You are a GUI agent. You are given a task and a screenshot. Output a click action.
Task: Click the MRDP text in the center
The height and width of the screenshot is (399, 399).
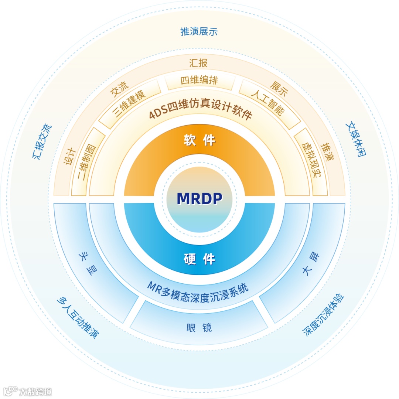(x=199, y=198)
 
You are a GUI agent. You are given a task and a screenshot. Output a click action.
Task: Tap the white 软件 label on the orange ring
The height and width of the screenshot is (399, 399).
(x=199, y=140)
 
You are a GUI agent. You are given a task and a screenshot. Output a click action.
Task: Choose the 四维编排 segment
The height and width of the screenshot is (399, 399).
(x=199, y=81)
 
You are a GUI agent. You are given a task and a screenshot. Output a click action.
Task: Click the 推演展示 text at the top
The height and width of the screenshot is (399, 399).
(x=199, y=32)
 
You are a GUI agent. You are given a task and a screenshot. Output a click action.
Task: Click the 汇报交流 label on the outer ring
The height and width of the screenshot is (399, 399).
(x=42, y=142)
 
